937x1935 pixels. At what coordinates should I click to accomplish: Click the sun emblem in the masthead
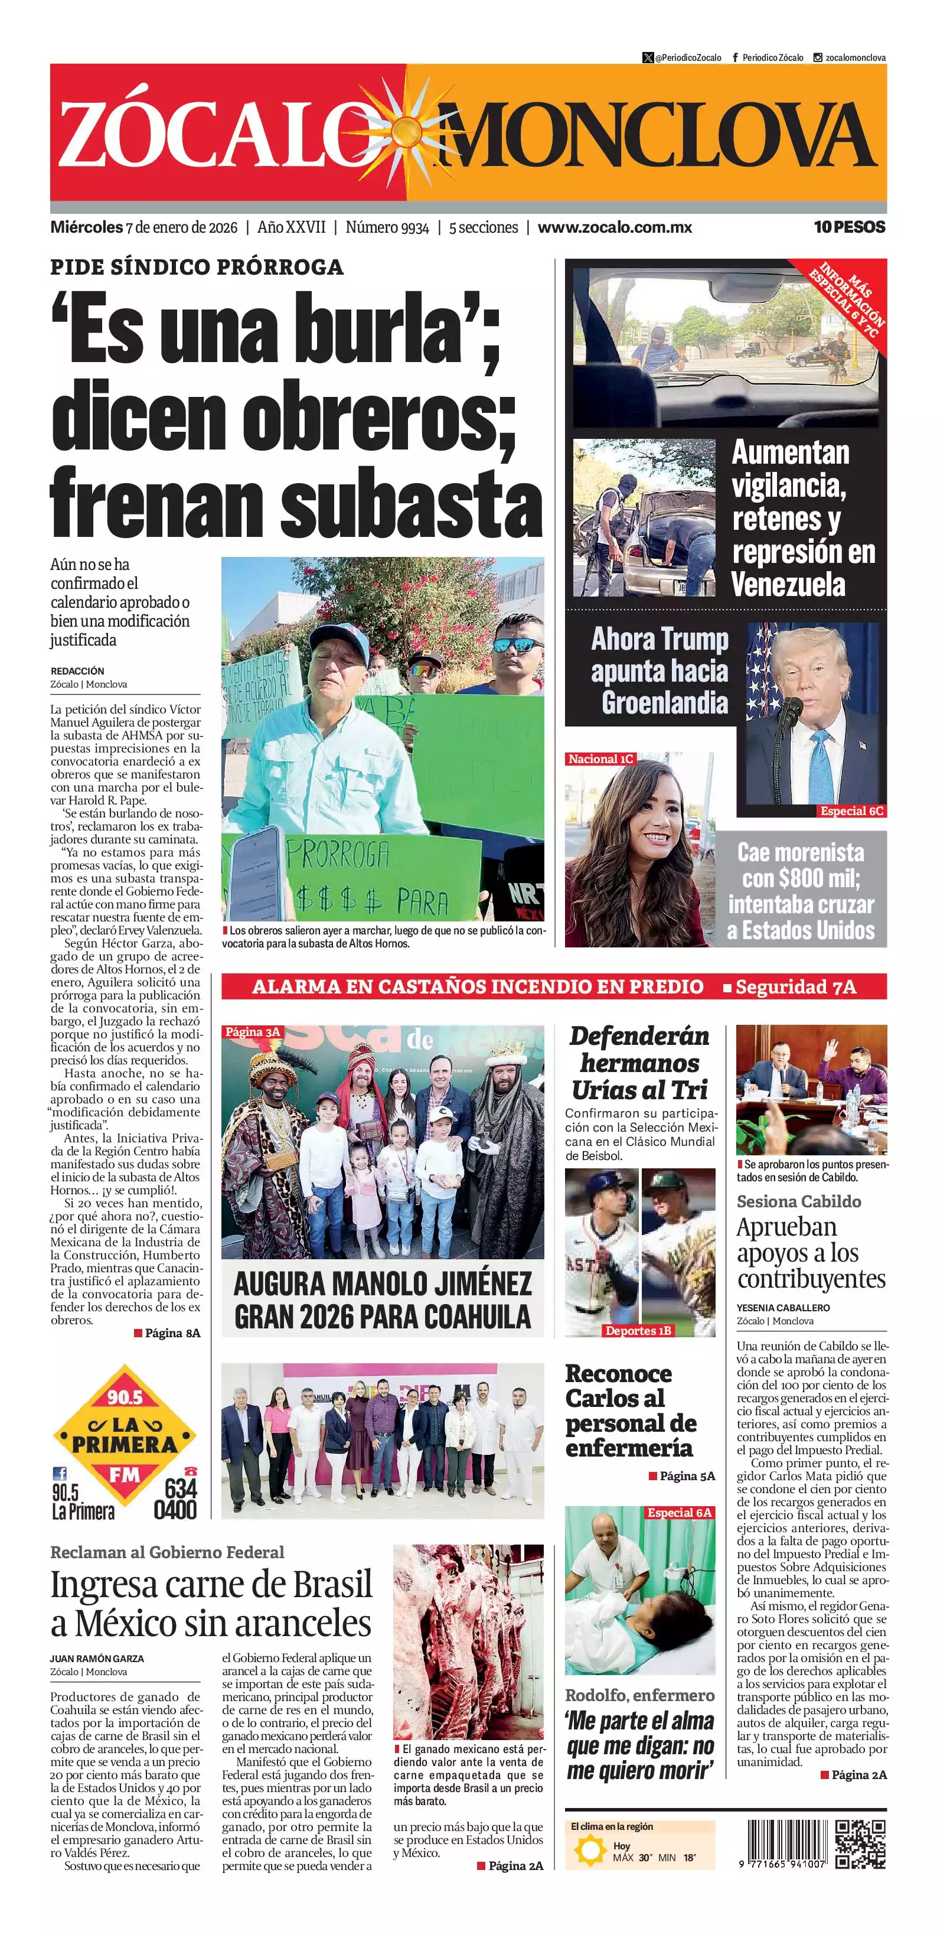coord(406,133)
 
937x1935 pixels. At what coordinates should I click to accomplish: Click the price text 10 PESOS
coord(849,227)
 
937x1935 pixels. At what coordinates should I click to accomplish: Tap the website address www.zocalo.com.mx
coord(614,227)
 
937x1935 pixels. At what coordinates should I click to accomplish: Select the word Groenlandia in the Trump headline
coord(664,703)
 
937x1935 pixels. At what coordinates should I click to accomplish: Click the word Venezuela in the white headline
coord(788,584)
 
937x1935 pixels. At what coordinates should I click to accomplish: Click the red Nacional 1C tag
coord(600,758)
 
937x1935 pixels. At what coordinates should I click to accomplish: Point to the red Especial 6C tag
coord(851,810)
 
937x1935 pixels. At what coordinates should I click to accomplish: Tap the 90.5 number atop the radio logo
coord(125,1396)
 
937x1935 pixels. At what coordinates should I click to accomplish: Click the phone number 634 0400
coord(176,1499)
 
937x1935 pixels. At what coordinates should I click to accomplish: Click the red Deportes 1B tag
coord(638,1330)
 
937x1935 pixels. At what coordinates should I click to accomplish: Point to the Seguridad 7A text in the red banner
coord(795,986)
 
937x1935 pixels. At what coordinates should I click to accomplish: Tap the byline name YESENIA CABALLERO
coord(783,1308)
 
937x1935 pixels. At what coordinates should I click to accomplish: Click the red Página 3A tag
coord(252,1032)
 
